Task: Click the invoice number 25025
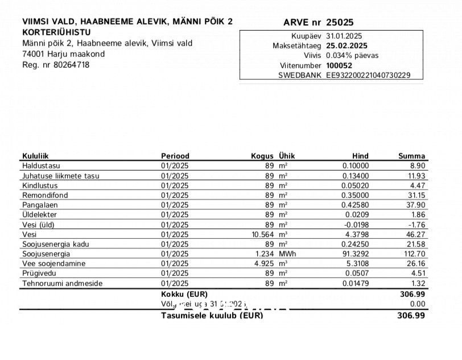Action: (x=340, y=23)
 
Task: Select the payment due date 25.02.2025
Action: (x=346, y=45)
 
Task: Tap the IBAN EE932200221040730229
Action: (x=368, y=75)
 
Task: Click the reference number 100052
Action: (x=339, y=65)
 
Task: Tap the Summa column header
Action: (x=411, y=156)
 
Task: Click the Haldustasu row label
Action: (x=41, y=165)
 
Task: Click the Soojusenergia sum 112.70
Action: (x=414, y=254)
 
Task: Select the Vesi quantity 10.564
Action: (x=263, y=234)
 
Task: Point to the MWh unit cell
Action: (x=287, y=254)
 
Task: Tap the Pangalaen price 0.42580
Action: (x=355, y=205)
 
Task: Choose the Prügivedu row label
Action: (x=39, y=274)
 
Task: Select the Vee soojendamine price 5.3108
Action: (x=357, y=264)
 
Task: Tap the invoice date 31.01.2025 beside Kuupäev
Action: (x=344, y=36)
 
